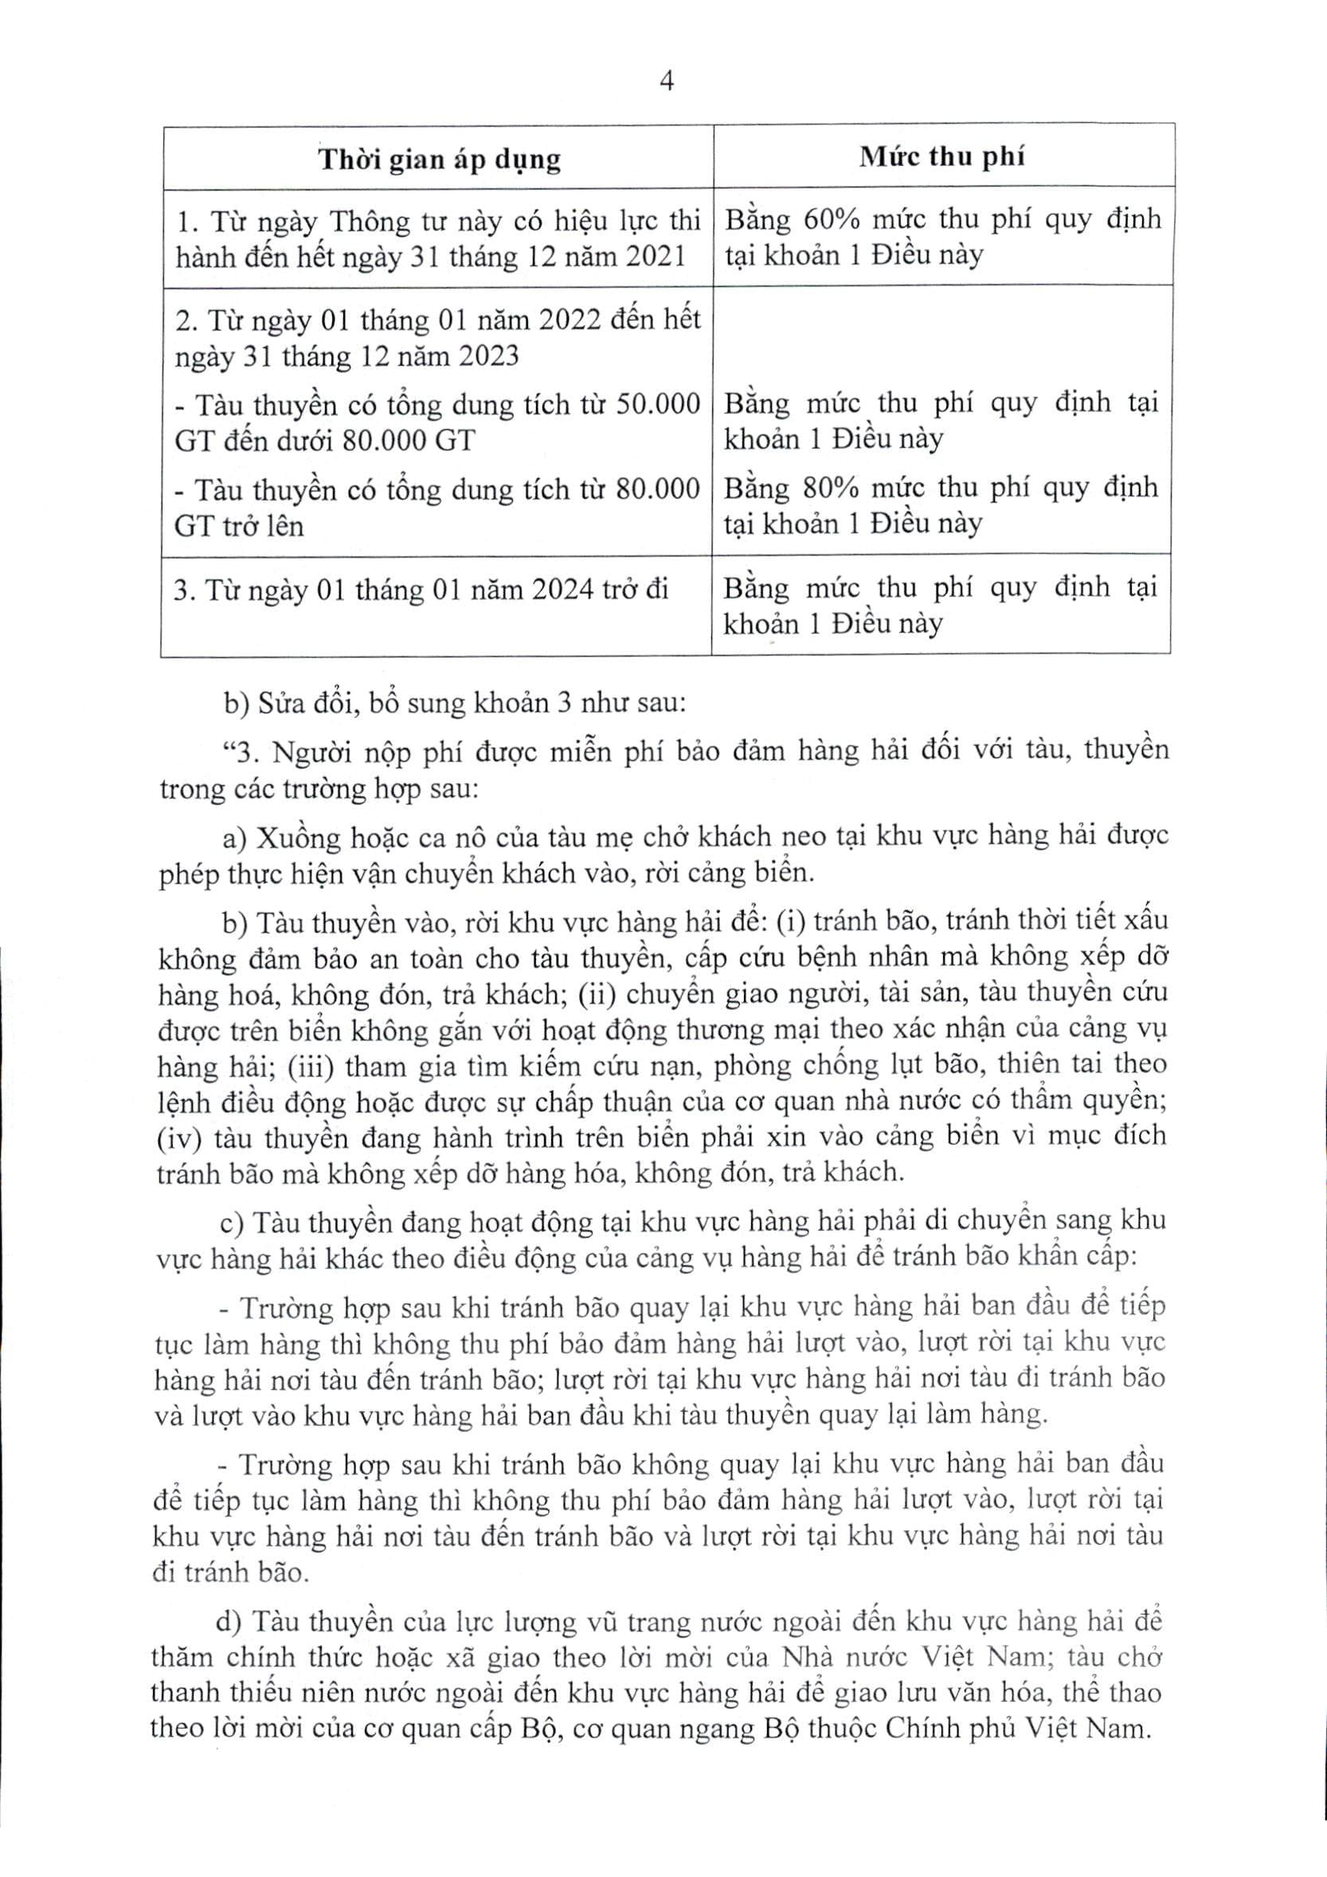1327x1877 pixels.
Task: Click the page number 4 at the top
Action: [666, 82]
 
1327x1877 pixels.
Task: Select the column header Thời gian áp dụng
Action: [440, 159]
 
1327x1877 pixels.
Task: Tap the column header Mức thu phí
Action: [941, 156]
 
